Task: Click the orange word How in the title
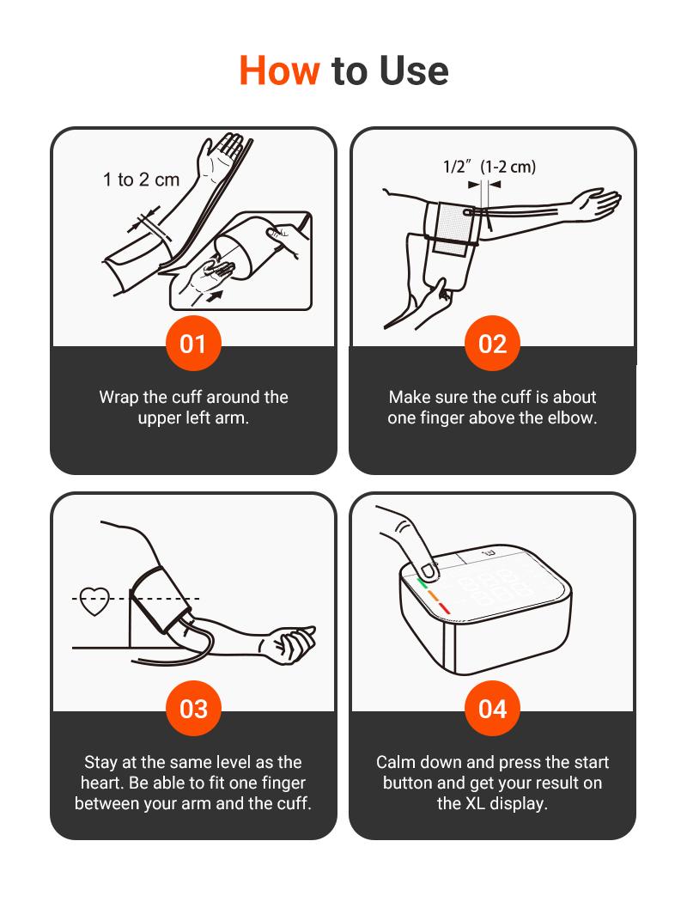pos(279,70)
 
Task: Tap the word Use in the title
pos(414,70)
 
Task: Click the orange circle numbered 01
pos(193,344)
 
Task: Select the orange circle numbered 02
pos(492,344)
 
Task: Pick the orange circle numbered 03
pos(193,708)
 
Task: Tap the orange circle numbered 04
pos(492,708)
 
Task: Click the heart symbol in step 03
pos(94,600)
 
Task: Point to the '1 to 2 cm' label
pos(141,180)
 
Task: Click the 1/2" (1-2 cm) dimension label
pos(489,167)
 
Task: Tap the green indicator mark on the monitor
pos(422,582)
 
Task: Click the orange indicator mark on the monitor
pos(433,596)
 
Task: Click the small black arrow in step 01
pos(215,297)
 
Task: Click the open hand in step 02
pos(599,203)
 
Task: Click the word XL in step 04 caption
pos(475,803)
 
